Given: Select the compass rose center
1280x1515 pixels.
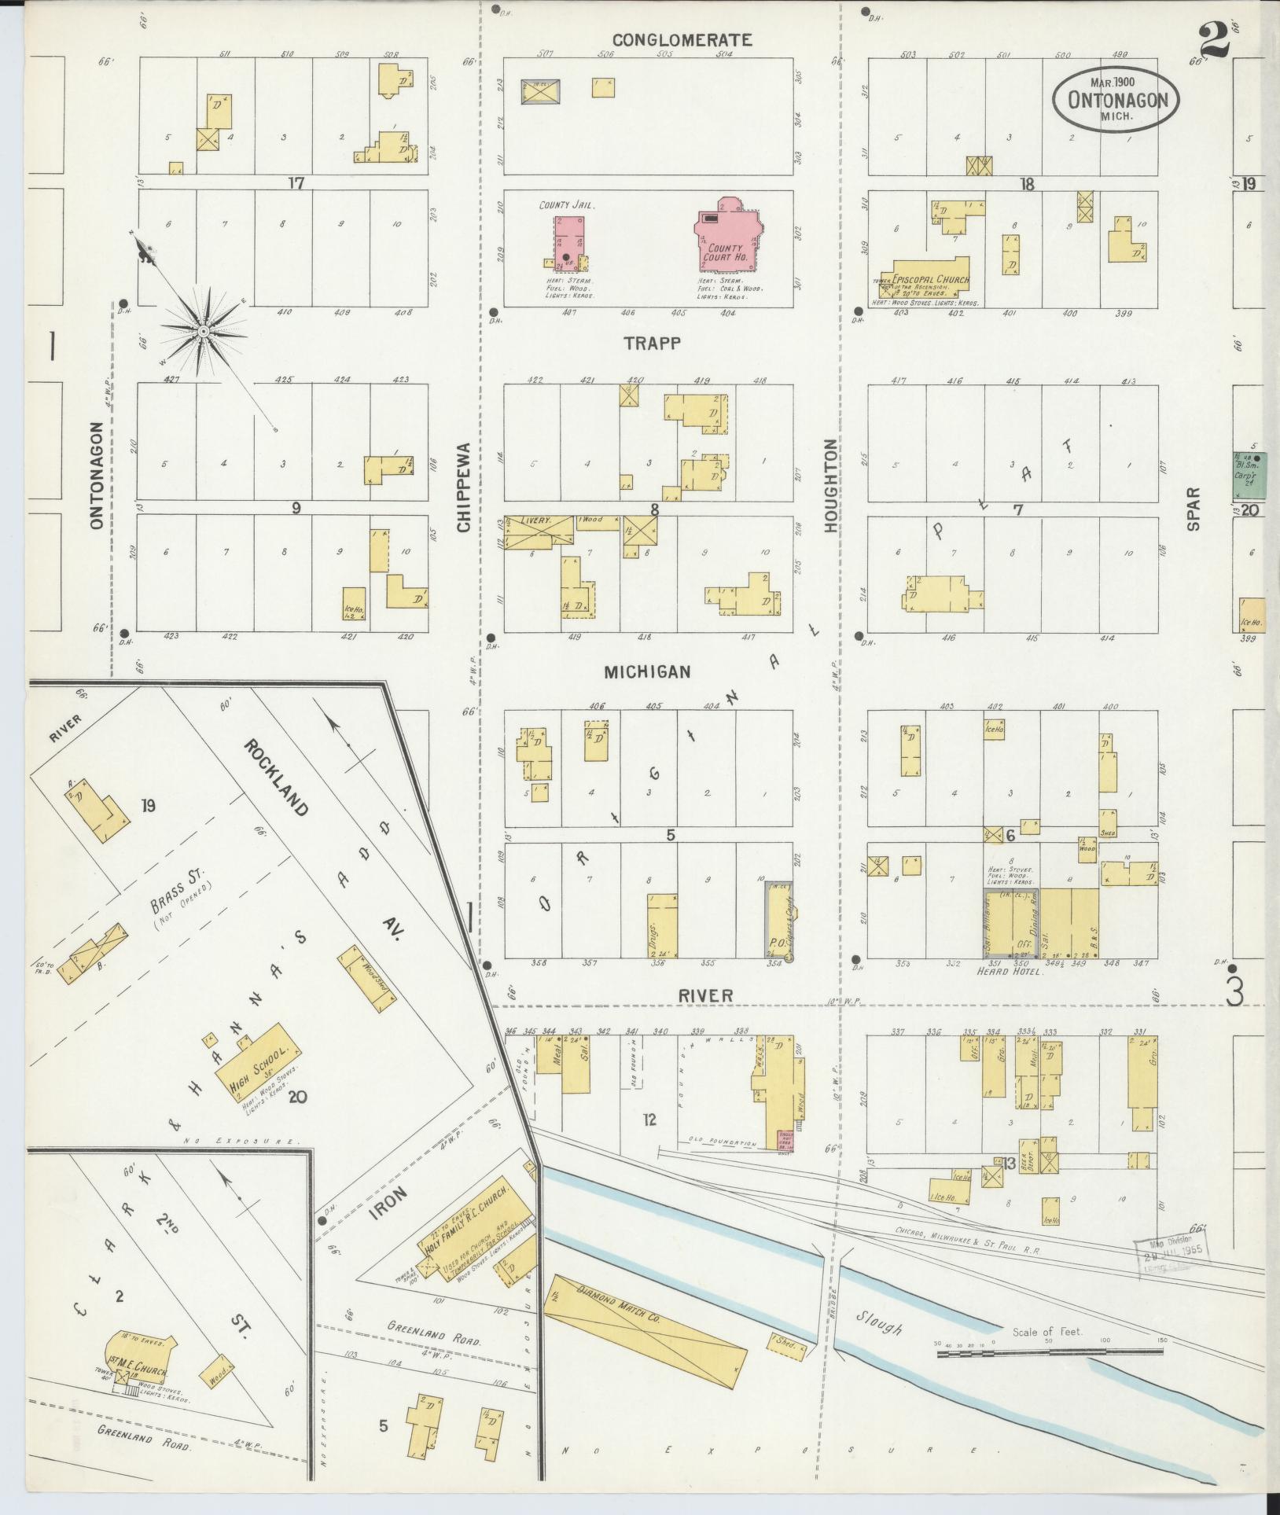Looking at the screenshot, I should click(x=203, y=332).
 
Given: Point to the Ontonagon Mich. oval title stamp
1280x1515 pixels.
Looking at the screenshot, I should click(x=1116, y=98).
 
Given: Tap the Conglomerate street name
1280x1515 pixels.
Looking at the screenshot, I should click(x=682, y=39).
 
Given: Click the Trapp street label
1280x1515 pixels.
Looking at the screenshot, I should click(x=652, y=343).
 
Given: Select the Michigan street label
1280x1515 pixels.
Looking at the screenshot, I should click(x=647, y=671).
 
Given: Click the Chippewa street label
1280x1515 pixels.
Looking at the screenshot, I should click(x=463, y=487).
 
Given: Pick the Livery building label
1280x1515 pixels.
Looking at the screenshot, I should click(x=539, y=521).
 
